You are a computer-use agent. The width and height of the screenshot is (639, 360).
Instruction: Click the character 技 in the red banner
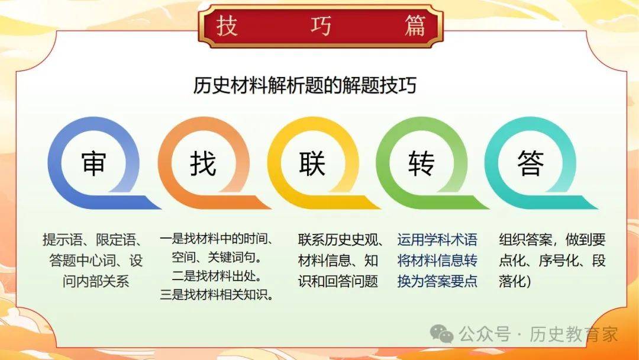click(227, 25)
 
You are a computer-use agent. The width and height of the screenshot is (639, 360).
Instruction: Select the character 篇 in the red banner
click(415, 25)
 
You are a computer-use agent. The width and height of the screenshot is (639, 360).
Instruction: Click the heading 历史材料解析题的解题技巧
click(305, 86)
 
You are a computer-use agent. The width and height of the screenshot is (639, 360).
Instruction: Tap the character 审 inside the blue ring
click(93, 163)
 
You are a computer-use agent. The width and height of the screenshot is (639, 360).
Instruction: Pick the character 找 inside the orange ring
click(203, 163)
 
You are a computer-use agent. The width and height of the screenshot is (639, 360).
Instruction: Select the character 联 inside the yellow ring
click(312, 163)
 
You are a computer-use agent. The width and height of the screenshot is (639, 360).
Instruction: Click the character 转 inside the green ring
click(421, 163)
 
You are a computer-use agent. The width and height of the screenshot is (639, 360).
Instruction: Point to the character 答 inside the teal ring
click(530, 163)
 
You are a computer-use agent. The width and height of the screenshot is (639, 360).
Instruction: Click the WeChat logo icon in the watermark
click(442, 335)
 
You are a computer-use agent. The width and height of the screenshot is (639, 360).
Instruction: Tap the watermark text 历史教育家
click(574, 335)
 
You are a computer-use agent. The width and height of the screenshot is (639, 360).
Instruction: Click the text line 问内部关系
click(96, 281)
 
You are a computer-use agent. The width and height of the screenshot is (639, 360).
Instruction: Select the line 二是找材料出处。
click(217, 276)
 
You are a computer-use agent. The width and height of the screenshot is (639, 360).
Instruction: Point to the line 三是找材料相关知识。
click(217, 294)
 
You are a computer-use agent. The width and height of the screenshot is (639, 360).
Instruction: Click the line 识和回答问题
click(338, 281)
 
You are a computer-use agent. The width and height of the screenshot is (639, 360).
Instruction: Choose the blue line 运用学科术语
click(437, 240)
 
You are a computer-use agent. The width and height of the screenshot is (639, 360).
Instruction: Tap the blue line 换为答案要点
click(437, 281)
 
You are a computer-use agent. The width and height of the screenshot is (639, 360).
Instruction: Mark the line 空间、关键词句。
click(217, 257)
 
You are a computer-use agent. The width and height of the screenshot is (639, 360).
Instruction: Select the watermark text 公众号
click(485, 335)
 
